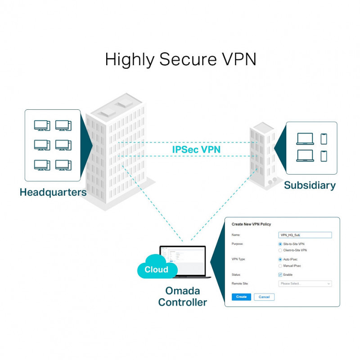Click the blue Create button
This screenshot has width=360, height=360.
click(242, 297)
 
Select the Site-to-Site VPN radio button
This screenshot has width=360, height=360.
click(280, 244)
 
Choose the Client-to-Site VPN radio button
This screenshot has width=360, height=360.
click(280, 250)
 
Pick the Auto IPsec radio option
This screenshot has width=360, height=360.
click(280, 260)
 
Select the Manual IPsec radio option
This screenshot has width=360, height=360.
click(280, 266)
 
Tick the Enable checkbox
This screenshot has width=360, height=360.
click(280, 274)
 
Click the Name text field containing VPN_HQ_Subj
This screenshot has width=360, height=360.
click(305, 235)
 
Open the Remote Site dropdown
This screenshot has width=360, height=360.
click(305, 283)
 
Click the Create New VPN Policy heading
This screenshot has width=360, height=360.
click(251, 224)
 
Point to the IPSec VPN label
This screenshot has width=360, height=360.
click(196, 149)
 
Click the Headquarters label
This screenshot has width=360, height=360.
click(53, 192)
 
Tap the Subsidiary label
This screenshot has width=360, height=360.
click(310, 185)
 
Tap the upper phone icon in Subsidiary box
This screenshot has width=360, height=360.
click(324, 139)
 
